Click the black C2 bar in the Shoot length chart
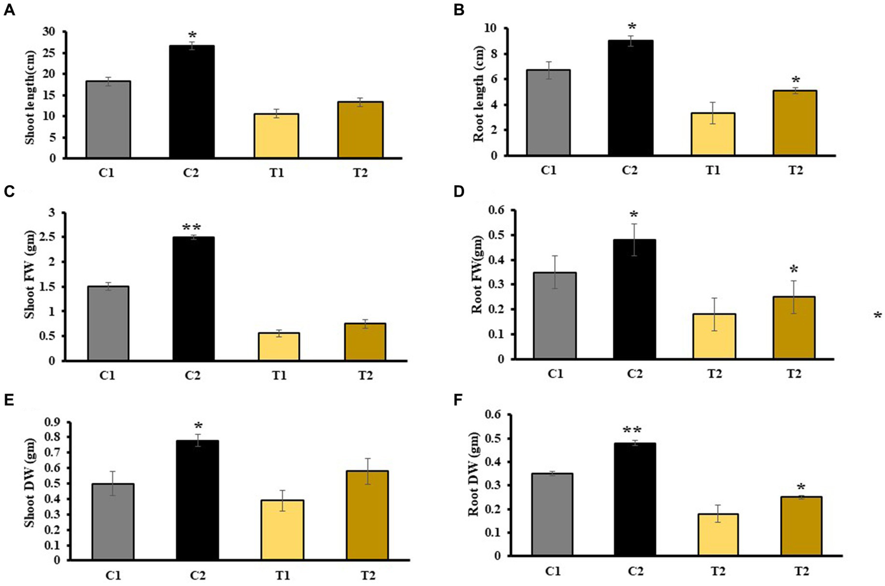pos(191,102)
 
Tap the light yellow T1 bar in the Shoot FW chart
pos(278,347)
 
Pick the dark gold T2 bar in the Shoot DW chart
pos(367,515)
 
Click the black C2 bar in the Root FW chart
pos(634,299)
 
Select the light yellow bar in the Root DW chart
pos(717,535)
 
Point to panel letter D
pos(459,191)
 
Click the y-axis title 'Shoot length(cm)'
pos(30,95)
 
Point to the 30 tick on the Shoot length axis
pos(52,32)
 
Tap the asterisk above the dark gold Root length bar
pos(796,80)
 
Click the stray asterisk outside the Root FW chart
pos(877,315)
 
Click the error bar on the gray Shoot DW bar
pos(113,483)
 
